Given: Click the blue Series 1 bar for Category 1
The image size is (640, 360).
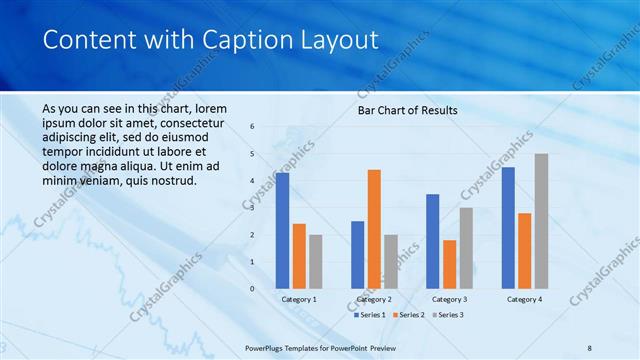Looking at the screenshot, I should click(x=282, y=231).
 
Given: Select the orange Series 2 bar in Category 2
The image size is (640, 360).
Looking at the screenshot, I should click(x=374, y=229).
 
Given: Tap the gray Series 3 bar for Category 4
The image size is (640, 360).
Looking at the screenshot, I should click(x=541, y=221).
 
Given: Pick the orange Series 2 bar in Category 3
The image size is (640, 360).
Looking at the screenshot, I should click(x=449, y=264).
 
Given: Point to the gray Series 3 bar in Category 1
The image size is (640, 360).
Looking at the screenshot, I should click(x=315, y=262).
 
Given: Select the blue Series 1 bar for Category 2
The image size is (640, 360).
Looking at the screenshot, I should click(x=357, y=255).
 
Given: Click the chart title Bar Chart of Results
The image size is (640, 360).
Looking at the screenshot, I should click(x=408, y=110).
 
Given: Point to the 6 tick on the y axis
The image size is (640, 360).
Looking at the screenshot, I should click(x=252, y=127).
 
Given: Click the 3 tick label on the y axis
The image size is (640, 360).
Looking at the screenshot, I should click(x=252, y=208).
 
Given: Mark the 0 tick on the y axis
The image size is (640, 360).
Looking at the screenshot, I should click(x=252, y=289).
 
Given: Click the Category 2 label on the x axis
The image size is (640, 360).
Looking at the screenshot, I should click(x=374, y=299).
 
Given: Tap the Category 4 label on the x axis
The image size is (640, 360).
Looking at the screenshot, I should click(x=524, y=299).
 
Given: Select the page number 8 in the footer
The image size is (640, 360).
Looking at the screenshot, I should click(x=590, y=346).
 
